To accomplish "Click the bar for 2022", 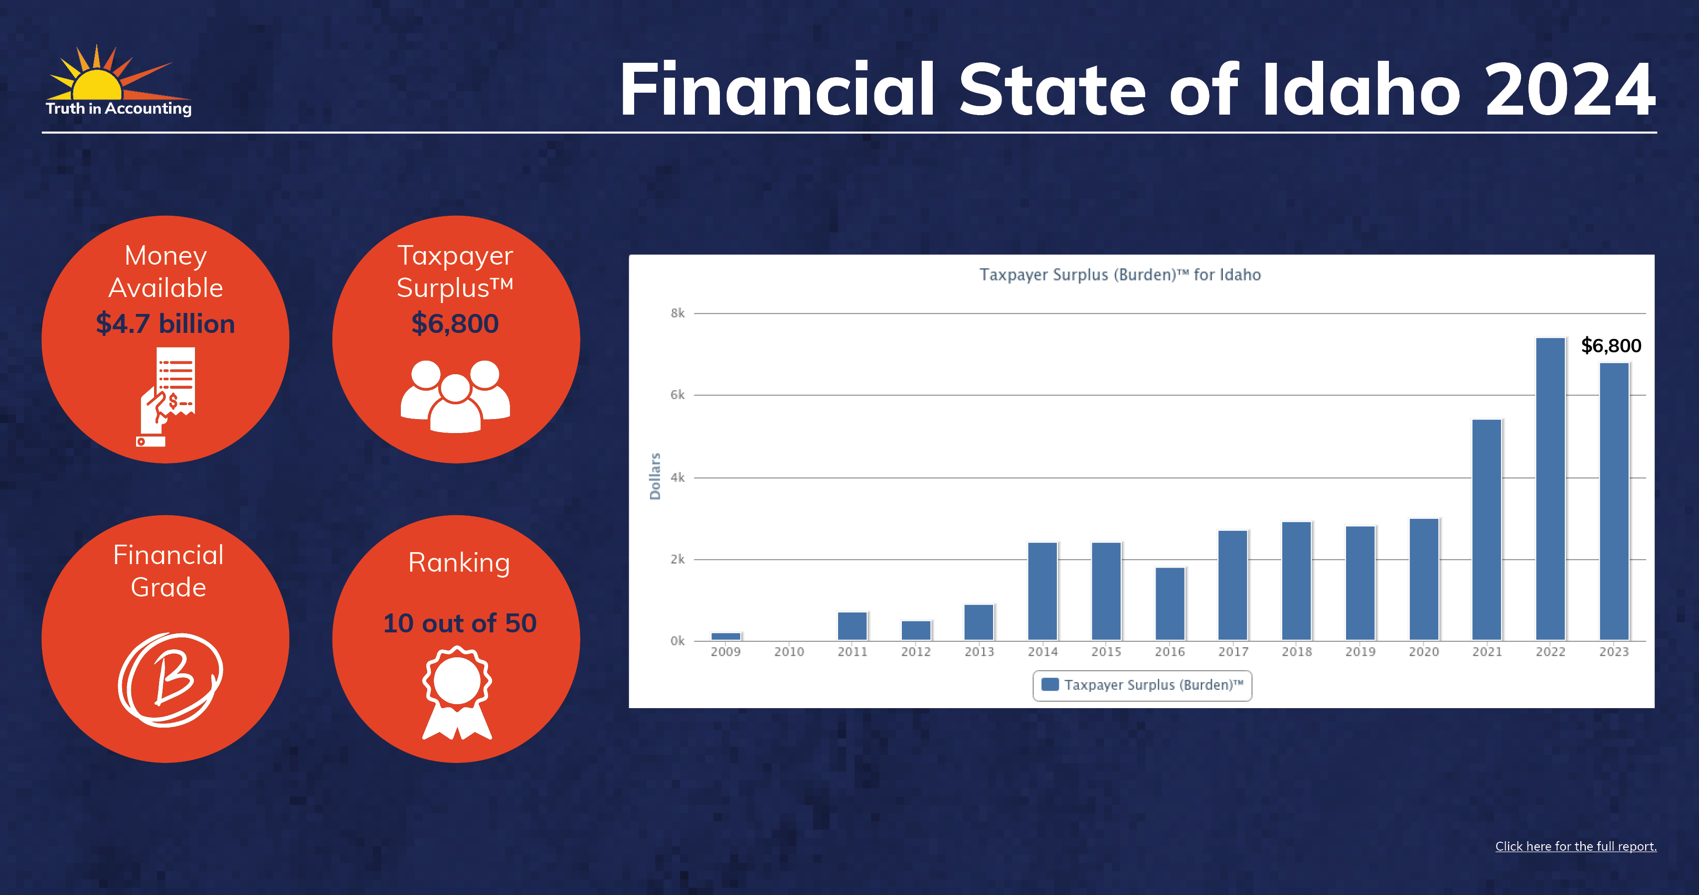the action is point(1550,488).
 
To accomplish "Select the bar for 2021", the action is point(1487,529).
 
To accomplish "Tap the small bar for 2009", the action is point(725,636).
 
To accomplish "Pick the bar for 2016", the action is point(1170,603).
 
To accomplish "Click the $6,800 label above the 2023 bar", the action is point(1611,345).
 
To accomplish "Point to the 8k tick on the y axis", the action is point(678,313).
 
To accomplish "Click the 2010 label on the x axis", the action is point(789,652).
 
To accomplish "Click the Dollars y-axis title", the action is point(655,476).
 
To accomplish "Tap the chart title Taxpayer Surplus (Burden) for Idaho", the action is point(1120,275).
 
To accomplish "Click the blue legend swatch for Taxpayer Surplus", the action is point(1050,684).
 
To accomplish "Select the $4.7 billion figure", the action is point(166,323).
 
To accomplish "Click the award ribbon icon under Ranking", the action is point(457,693).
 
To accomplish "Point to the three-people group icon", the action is point(455,396).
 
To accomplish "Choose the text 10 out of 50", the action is point(460,623).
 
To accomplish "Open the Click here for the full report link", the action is point(1576,846).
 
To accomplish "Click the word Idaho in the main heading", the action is point(1360,90).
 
